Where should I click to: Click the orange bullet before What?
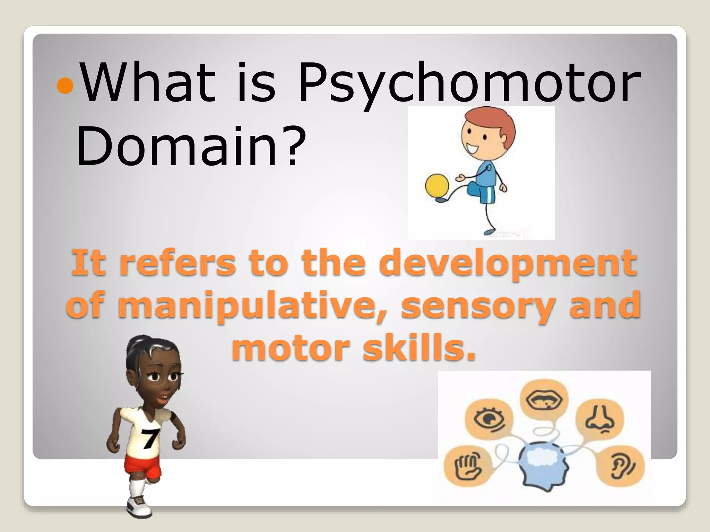click(65, 85)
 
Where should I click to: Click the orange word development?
click(508, 263)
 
